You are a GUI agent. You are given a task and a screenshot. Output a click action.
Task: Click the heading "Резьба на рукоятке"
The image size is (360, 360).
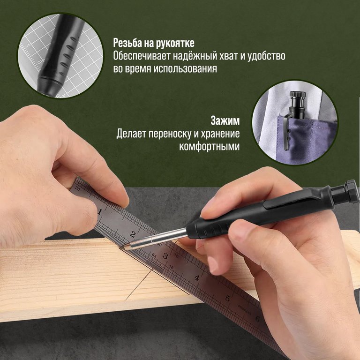[154, 43]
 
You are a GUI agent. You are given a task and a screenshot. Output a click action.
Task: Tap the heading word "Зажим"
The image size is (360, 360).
[225, 121]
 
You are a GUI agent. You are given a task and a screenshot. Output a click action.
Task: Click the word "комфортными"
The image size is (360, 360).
[209, 147]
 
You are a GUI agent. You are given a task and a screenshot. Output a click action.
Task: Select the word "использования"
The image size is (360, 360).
[185, 68]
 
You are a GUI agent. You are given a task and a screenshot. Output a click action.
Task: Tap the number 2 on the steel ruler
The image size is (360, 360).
[133, 234]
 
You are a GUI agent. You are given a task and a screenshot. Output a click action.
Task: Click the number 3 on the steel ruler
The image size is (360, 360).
[165, 256]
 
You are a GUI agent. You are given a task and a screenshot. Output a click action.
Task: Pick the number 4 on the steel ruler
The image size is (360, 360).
[197, 277]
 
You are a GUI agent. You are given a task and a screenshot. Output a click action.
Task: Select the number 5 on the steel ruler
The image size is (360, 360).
[227, 298]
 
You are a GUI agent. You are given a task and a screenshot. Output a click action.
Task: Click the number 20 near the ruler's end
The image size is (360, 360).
[77, 189]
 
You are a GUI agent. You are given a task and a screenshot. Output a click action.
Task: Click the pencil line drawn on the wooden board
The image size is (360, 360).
[138, 285]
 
